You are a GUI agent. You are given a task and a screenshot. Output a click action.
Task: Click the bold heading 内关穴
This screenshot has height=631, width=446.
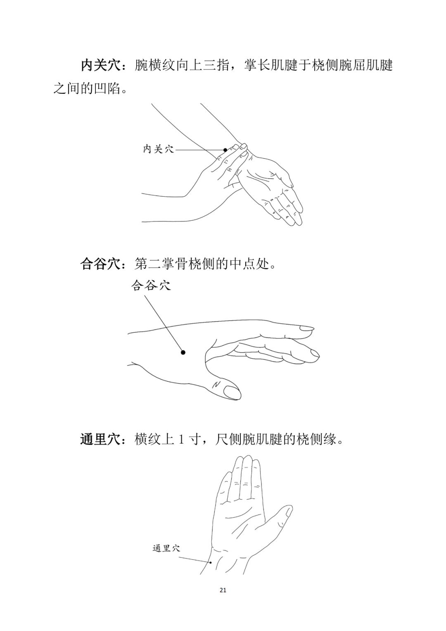[x=101, y=65]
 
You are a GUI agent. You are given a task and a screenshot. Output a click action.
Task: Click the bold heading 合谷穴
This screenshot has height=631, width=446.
[x=101, y=264]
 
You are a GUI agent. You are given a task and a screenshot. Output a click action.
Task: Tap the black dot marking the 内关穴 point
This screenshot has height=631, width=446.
[x=225, y=150]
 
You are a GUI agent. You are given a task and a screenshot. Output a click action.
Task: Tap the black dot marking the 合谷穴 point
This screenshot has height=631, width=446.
[x=183, y=352]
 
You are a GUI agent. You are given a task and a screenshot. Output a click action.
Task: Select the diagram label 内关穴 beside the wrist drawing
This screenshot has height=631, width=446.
[x=159, y=149]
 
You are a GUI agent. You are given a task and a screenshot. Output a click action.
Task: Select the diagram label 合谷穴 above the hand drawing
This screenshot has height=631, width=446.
[x=151, y=286]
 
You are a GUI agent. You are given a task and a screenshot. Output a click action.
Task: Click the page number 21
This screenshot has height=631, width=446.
[x=223, y=606]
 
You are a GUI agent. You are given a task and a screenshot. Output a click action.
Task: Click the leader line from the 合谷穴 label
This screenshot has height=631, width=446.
[x=164, y=323]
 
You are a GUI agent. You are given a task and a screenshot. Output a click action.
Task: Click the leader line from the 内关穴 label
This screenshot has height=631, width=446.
[x=199, y=150]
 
